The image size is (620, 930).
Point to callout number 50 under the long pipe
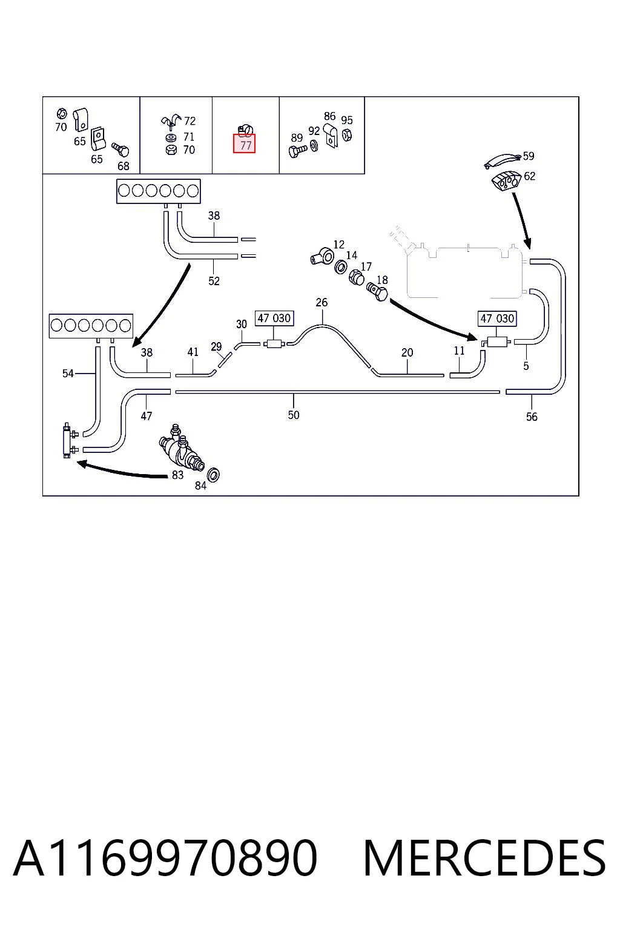click(294, 415)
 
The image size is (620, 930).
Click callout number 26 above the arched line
click(322, 302)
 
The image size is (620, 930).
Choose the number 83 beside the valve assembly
click(178, 475)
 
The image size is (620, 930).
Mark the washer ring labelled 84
click(214, 475)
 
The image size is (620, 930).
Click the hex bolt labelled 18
click(377, 292)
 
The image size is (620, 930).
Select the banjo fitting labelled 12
click(322, 256)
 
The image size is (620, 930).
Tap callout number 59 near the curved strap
click(528, 156)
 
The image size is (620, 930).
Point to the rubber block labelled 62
click(506, 181)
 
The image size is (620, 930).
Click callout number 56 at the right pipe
click(532, 417)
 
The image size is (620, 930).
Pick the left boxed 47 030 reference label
click(274, 318)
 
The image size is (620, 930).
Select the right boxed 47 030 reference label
click(497, 319)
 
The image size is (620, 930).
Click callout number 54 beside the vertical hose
click(68, 373)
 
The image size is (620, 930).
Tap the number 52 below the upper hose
click(214, 281)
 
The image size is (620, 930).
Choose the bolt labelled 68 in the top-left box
click(120, 150)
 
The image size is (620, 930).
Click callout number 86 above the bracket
click(330, 116)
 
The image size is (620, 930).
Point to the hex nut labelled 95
click(347, 134)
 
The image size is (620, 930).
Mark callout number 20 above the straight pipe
click(407, 352)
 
